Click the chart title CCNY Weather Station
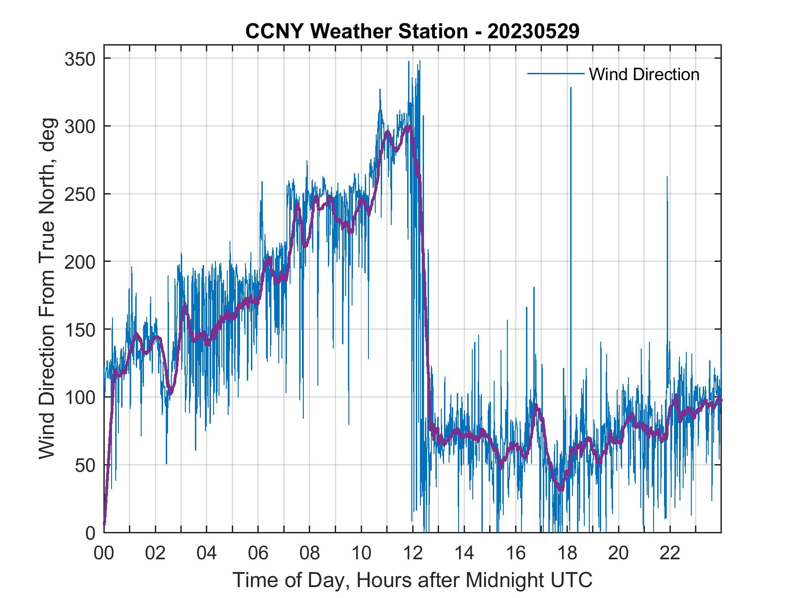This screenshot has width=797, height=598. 412,31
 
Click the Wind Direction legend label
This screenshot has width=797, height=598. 644,74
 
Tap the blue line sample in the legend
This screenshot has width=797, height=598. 555,74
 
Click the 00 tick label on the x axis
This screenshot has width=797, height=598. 104,553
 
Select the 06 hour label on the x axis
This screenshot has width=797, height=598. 258,553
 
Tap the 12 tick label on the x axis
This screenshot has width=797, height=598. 413,553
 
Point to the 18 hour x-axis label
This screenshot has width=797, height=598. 567,553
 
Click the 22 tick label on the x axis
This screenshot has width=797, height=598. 670,553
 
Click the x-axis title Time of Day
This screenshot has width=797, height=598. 412,580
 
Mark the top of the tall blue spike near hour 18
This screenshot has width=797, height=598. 571,88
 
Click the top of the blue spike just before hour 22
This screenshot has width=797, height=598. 667,177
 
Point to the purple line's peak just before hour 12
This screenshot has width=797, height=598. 409,126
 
